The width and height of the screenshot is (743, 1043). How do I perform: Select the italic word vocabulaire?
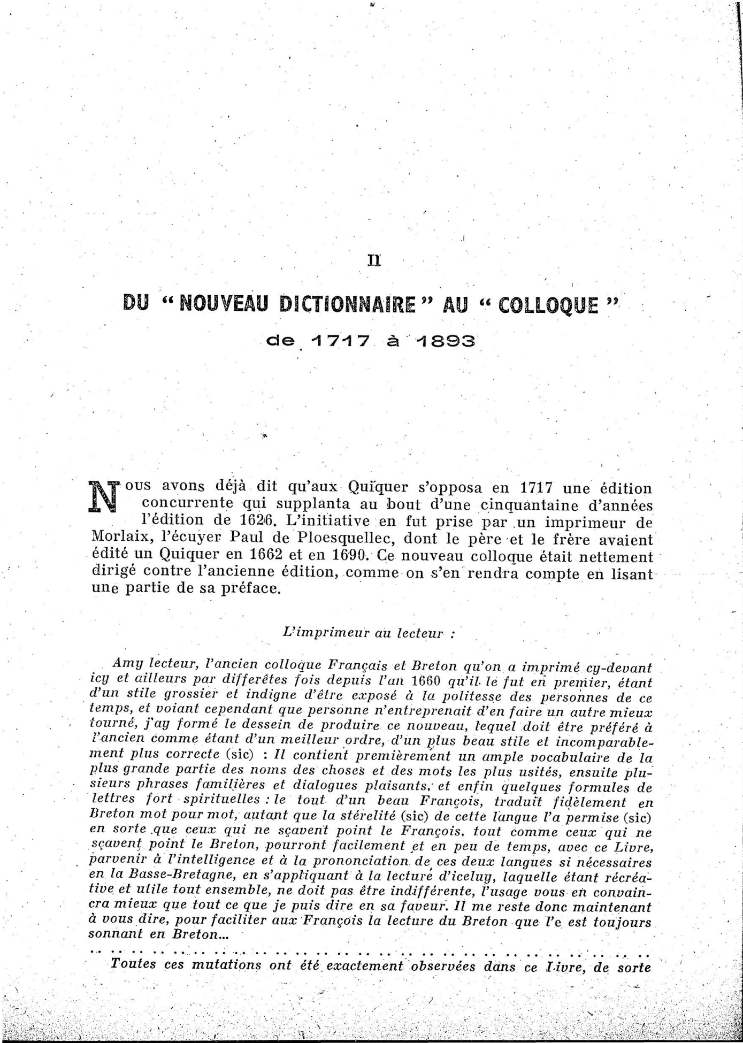coord(576,758)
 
